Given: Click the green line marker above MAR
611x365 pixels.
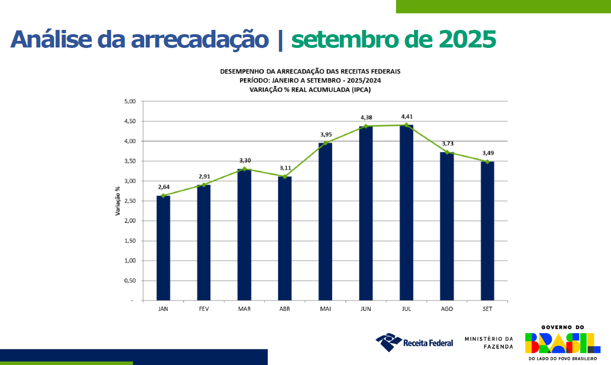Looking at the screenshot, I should [244, 169].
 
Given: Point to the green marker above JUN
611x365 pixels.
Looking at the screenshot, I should [366, 126].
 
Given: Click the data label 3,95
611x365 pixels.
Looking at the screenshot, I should [325, 134].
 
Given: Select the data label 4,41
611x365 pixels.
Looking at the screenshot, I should [407, 116].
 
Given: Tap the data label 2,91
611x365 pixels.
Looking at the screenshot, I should [204, 176].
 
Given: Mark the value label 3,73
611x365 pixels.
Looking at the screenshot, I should [447, 143].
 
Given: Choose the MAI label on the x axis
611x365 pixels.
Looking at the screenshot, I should [325, 309].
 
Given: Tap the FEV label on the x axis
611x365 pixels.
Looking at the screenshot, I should [204, 309].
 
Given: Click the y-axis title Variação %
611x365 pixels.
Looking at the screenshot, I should [118, 201].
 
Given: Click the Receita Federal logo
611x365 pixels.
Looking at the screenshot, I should [414, 342].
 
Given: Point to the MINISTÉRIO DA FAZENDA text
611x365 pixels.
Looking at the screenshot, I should [489, 343].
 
